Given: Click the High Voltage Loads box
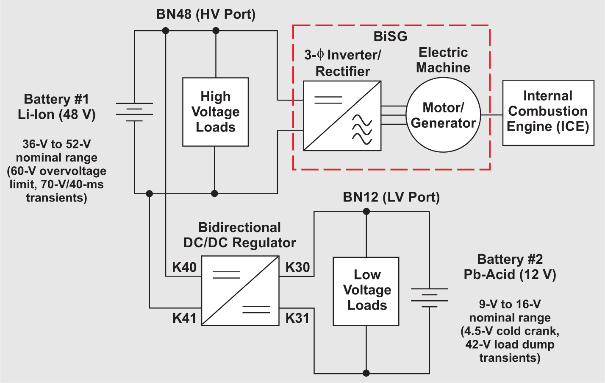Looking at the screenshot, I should point(215,112).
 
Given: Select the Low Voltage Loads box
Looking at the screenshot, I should point(366,291).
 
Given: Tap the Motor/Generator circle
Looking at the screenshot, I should point(443,115).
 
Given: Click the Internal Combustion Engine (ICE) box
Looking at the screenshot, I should point(548,112).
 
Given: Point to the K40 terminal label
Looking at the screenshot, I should point(184,267).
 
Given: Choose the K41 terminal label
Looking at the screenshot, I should point(184,318).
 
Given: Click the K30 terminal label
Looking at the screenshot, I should point(297,267).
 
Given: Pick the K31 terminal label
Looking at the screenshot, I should point(297,318).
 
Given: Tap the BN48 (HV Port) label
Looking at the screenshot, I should point(206,14).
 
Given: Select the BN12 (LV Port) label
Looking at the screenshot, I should point(391,197).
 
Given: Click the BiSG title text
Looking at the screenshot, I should point(390,36).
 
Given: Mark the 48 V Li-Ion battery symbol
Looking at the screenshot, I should point(134,112).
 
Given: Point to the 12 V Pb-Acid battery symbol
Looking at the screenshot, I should point(429,298).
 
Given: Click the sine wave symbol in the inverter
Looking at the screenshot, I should point(362,129).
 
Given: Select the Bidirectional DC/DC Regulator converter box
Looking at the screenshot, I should point(240,291).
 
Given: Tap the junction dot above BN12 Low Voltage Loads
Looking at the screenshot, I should point(366,211).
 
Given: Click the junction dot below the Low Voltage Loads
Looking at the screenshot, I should point(366,373).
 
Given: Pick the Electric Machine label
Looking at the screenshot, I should point(443,60).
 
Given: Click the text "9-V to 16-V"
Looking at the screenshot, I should point(510,304).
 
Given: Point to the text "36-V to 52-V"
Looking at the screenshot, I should point(56,144).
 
